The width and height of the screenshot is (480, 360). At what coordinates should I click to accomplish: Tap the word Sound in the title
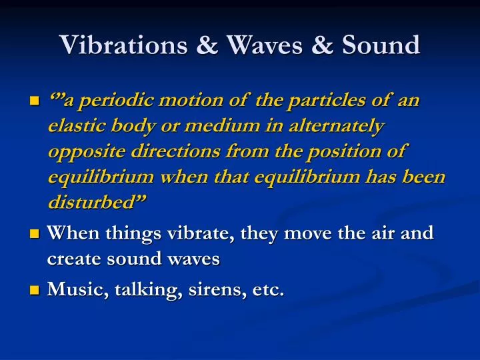(381, 45)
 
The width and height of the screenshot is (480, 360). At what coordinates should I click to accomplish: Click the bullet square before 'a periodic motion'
(35, 102)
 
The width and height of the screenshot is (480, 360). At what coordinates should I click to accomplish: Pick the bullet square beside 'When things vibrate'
(35, 234)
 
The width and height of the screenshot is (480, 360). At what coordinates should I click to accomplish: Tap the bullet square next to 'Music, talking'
(35, 290)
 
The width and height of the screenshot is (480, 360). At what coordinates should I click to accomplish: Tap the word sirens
(206, 289)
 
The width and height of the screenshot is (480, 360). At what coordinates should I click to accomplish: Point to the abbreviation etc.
(269, 289)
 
